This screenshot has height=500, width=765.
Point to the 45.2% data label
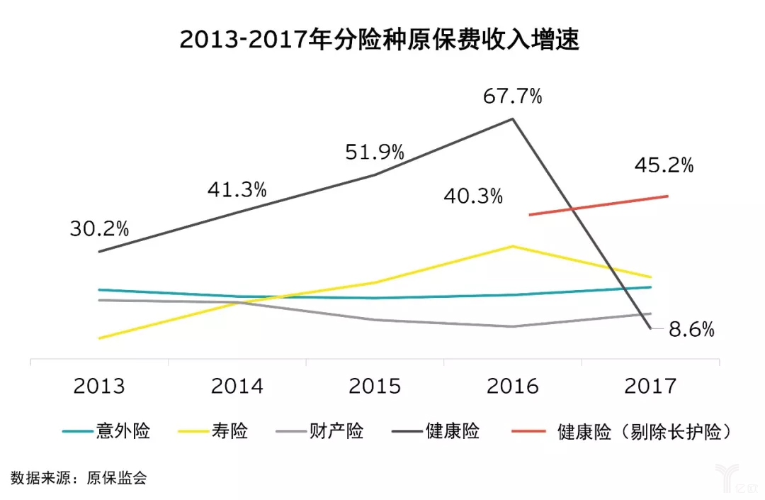click(x=664, y=165)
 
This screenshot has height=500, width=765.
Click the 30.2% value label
click(x=99, y=228)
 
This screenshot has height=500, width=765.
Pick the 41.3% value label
click(x=237, y=189)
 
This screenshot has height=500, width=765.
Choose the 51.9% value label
click(x=375, y=152)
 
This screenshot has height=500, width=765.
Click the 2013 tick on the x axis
click(x=99, y=386)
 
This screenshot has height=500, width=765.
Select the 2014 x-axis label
click(x=237, y=386)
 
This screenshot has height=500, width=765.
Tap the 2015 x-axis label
click(x=374, y=386)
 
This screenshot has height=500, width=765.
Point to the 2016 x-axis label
click(x=512, y=386)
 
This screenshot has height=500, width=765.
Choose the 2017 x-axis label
click(x=650, y=386)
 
